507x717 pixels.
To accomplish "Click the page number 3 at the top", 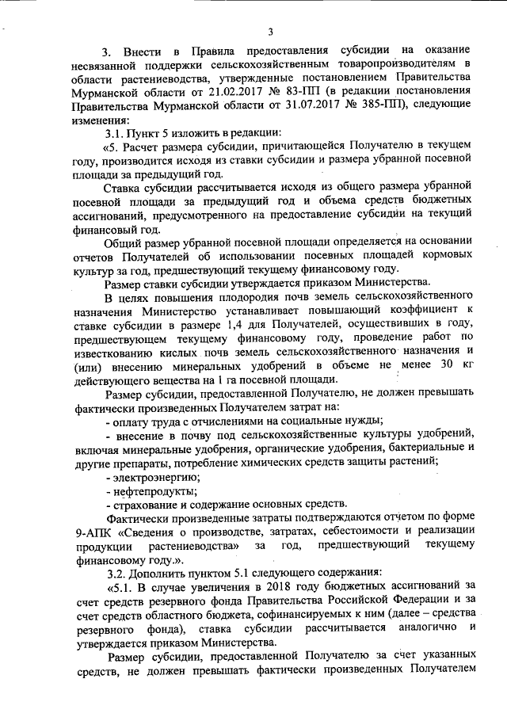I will point(269,32).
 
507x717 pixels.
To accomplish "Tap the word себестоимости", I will point(362,529).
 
